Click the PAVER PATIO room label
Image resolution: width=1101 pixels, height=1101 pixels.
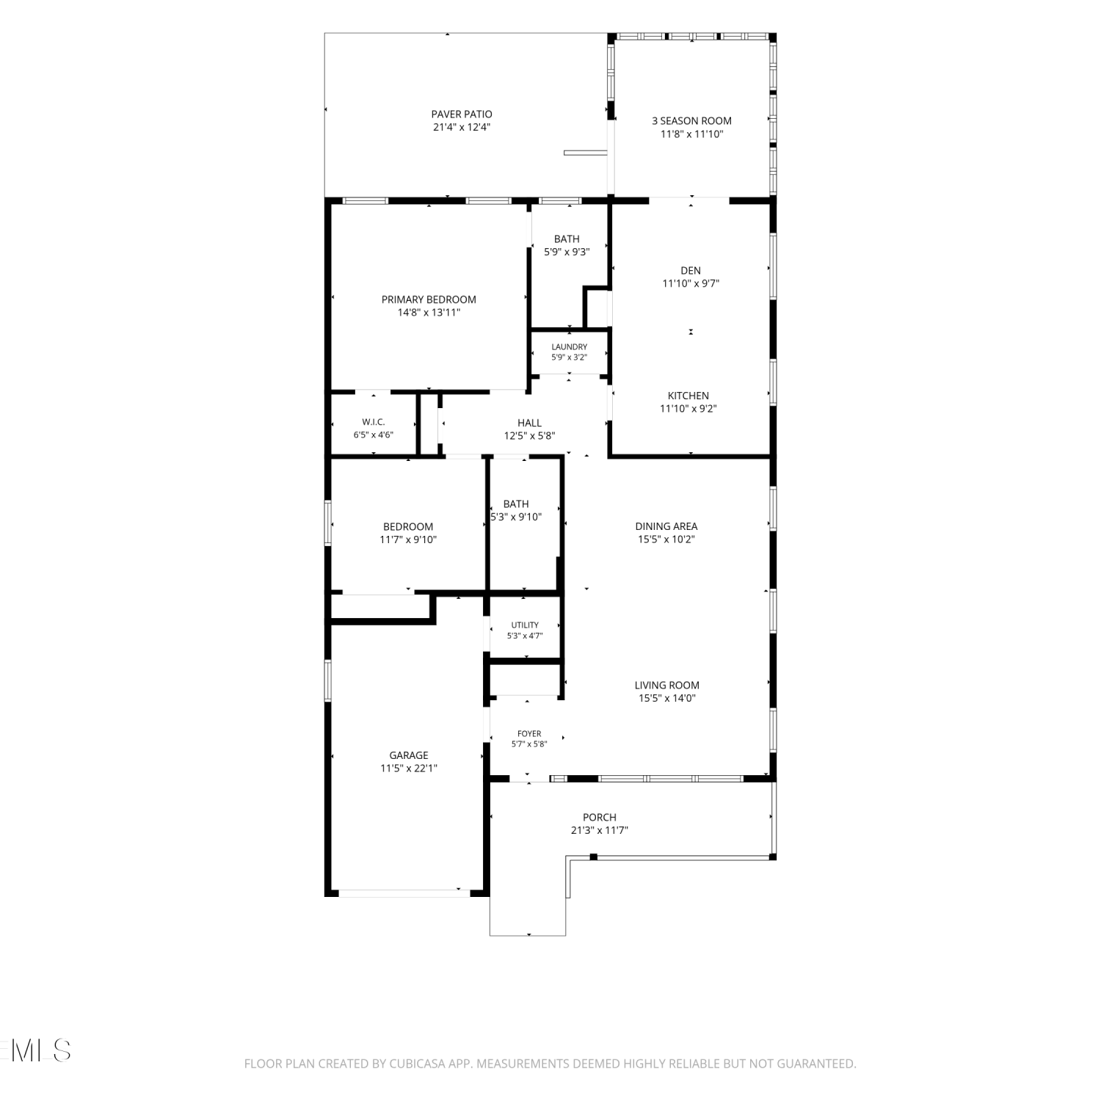coord(462,114)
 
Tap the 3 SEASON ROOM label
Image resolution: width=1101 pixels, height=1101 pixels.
coord(691,120)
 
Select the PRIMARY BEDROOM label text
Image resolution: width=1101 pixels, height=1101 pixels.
coord(429,299)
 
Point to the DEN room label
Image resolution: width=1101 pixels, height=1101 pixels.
coord(691,271)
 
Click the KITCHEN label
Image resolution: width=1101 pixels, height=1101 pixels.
coord(688,396)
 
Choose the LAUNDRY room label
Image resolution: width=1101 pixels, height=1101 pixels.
coord(570,347)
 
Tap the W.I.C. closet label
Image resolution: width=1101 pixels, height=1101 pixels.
coord(374,422)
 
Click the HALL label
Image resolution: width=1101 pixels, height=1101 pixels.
coord(529,423)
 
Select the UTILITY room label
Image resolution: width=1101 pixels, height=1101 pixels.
coord(525,625)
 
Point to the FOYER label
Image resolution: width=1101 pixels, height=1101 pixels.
coord(529,733)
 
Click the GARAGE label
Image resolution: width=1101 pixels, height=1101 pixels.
coord(409,755)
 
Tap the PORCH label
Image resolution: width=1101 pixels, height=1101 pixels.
coord(600,818)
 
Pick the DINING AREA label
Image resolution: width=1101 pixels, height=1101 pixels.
coord(666,526)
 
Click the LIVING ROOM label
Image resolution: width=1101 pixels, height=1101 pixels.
coord(667,686)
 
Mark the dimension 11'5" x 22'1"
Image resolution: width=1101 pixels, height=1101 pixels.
coord(409,768)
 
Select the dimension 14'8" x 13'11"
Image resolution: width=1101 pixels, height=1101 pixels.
coord(429,313)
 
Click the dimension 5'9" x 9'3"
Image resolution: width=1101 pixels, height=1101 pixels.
coord(567,252)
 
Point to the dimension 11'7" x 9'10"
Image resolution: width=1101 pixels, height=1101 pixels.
coord(408,539)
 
